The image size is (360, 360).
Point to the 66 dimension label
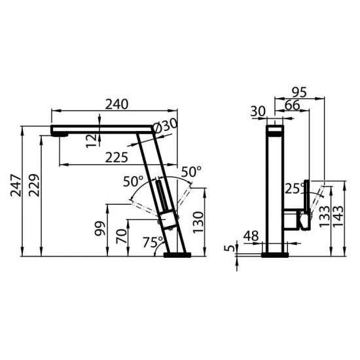pos(292,104)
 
